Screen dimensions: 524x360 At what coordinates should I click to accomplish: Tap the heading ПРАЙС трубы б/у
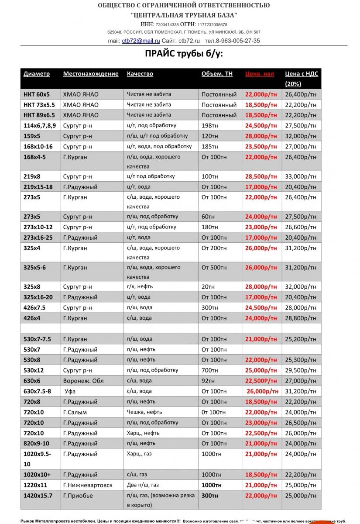pos(184,54)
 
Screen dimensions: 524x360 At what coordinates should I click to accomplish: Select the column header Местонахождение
pos(91,74)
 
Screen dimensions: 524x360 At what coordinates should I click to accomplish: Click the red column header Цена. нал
pos(260,74)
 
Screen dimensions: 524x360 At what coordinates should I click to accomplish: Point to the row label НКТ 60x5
pos(37,94)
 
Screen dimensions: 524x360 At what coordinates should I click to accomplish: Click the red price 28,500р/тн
pos(261,176)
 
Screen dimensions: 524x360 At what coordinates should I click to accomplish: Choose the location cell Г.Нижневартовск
pos(88,485)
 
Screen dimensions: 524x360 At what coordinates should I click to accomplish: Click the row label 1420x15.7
pos(38,496)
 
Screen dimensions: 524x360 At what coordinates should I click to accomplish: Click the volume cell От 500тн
pos(214,267)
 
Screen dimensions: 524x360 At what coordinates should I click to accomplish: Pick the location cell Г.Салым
pos(75,412)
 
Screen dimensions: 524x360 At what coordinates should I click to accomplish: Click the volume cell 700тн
pos(210,370)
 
